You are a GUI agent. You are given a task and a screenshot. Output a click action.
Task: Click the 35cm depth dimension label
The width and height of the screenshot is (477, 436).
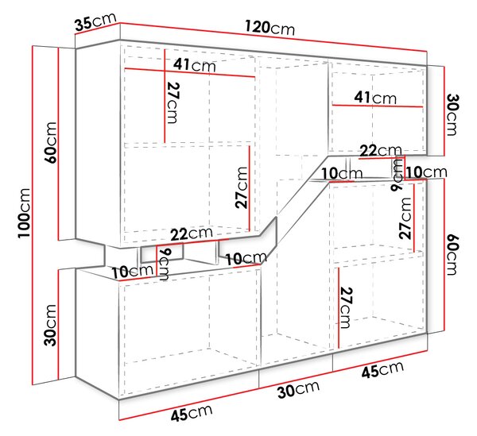click(95, 22)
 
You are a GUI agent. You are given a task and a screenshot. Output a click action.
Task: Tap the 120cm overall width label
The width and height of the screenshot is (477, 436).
click(270, 28)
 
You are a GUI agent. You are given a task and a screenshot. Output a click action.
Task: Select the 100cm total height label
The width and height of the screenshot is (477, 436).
click(25, 213)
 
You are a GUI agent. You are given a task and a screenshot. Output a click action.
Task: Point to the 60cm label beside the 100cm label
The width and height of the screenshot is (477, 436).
click(51, 142)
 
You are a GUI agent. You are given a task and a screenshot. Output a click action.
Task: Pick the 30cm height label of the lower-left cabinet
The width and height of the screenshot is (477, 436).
click(51, 325)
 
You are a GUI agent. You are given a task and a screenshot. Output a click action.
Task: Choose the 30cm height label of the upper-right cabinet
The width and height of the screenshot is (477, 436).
click(452, 114)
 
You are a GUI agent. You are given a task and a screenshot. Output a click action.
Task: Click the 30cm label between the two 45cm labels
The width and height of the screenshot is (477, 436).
click(298, 389)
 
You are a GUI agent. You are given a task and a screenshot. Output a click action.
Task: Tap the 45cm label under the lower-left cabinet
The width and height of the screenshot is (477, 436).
click(192, 413)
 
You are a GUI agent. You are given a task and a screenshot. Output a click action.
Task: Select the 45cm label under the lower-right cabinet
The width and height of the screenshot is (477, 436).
click(382, 369)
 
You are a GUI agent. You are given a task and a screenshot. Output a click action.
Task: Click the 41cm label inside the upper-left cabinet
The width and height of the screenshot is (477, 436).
click(195, 65)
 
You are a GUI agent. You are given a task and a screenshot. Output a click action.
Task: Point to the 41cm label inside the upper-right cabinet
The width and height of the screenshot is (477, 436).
click(375, 98)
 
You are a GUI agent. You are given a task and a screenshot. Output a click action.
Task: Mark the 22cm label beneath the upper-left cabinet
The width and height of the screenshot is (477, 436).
click(192, 234)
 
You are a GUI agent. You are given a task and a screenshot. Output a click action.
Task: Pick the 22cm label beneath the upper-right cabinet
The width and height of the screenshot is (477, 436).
click(381, 150)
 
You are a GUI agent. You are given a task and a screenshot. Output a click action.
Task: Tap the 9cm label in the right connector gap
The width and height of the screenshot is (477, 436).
click(397, 175)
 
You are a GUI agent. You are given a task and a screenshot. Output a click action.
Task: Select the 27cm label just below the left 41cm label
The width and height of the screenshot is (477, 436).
click(173, 103)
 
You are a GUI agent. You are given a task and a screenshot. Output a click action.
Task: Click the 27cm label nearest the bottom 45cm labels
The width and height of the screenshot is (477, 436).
click(347, 308)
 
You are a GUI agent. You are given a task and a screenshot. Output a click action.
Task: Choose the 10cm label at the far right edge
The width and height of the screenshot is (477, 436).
click(426, 172)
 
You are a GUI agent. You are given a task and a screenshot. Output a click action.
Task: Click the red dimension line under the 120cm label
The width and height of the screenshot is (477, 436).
click(273, 37)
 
